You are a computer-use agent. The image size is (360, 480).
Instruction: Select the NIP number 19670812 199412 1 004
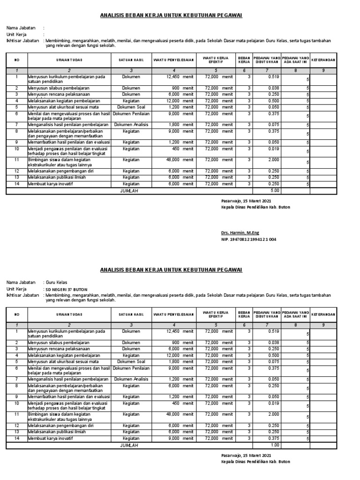[248, 239]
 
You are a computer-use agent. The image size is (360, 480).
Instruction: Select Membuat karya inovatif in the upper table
[52, 184]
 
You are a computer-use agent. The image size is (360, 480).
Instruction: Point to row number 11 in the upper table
[16, 160]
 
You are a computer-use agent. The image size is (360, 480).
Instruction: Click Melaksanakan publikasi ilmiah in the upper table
[57, 178]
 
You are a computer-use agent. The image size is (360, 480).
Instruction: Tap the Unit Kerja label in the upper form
[16, 35]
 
